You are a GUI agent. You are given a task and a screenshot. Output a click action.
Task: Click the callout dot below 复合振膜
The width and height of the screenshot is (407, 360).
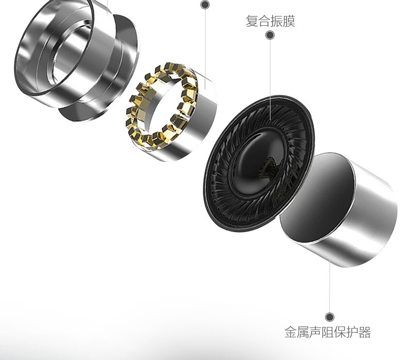click(x=270, y=35)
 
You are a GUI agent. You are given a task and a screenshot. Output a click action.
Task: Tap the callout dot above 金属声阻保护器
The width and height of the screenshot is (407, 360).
click(x=330, y=317)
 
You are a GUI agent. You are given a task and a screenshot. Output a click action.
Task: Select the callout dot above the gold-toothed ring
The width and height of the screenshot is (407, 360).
click(x=205, y=5)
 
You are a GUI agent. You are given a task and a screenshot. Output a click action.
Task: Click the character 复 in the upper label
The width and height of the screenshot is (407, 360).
click(x=252, y=21)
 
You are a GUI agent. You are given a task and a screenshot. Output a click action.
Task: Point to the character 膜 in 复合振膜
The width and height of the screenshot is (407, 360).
click(x=289, y=21)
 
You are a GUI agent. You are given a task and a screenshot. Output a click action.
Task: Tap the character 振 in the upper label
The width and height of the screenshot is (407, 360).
click(x=277, y=21)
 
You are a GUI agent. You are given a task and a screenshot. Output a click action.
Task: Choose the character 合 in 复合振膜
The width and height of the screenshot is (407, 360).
click(x=264, y=21)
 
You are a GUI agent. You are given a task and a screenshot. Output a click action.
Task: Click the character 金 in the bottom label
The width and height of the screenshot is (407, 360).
click(x=291, y=332)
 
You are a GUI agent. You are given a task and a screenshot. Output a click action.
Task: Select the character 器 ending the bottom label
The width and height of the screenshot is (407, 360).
click(x=365, y=332)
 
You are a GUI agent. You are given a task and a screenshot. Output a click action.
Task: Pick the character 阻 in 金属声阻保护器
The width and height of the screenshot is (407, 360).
click(x=328, y=332)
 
